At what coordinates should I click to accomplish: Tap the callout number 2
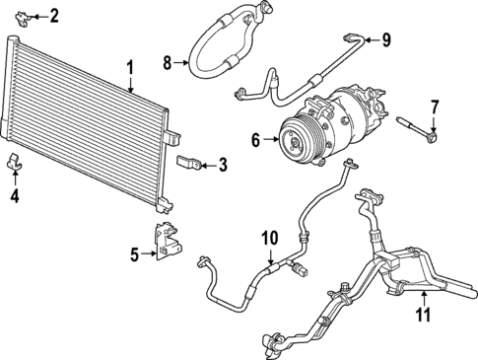[54, 15]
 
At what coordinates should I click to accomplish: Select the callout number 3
[223, 165]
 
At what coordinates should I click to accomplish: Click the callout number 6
[255, 141]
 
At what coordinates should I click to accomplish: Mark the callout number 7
[433, 106]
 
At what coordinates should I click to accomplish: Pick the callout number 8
[168, 62]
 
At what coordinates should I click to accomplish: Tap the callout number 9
[386, 39]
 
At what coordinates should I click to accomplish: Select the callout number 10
[270, 238]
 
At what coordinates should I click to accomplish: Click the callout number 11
[423, 316]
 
